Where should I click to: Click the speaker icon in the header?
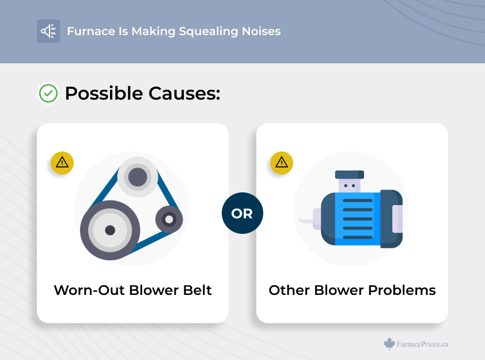[x=48, y=31]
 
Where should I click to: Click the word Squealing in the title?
[x=209, y=32]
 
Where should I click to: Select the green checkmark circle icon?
[x=48, y=93]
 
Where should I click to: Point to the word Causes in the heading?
[x=184, y=93]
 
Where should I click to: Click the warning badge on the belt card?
[x=62, y=163]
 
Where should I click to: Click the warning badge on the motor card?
[x=282, y=163]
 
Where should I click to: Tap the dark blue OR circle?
[x=242, y=213]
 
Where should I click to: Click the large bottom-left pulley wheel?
[x=110, y=230]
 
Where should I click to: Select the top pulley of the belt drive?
[x=138, y=177]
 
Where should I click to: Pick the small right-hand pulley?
[x=169, y=219]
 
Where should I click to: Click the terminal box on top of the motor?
[x=350, y=181]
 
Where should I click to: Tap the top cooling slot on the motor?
[x=358, y=200]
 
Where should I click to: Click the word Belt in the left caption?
[x=197, y=290]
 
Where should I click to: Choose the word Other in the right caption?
[x=289, y=290]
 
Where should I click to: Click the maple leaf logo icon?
[x=389, y=344]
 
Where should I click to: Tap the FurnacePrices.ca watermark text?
[x=422, y=344]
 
